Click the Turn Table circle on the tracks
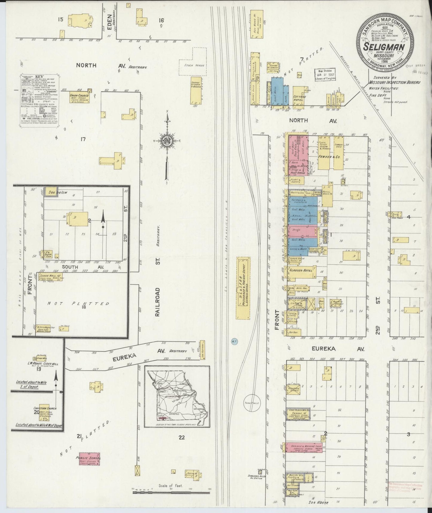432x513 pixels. click(251, 403)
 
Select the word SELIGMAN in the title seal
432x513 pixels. click(384, 47)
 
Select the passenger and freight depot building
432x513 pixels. click(243, 288)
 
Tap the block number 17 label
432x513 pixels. click(83, 139)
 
